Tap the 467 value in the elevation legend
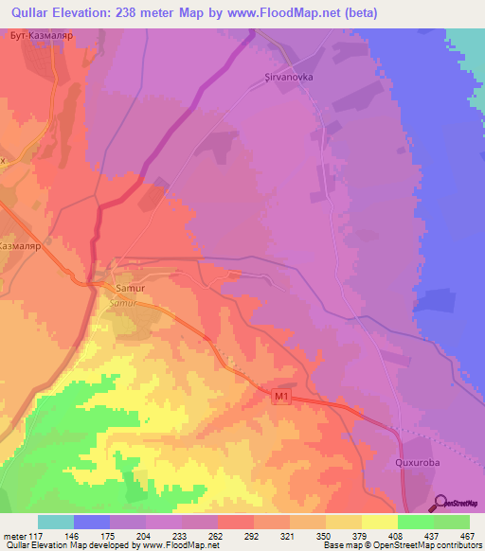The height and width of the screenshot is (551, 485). [x=467, y=535]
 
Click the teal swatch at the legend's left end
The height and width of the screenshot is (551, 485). [x=56, y=522]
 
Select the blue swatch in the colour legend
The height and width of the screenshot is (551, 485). [x=92, y=522]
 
